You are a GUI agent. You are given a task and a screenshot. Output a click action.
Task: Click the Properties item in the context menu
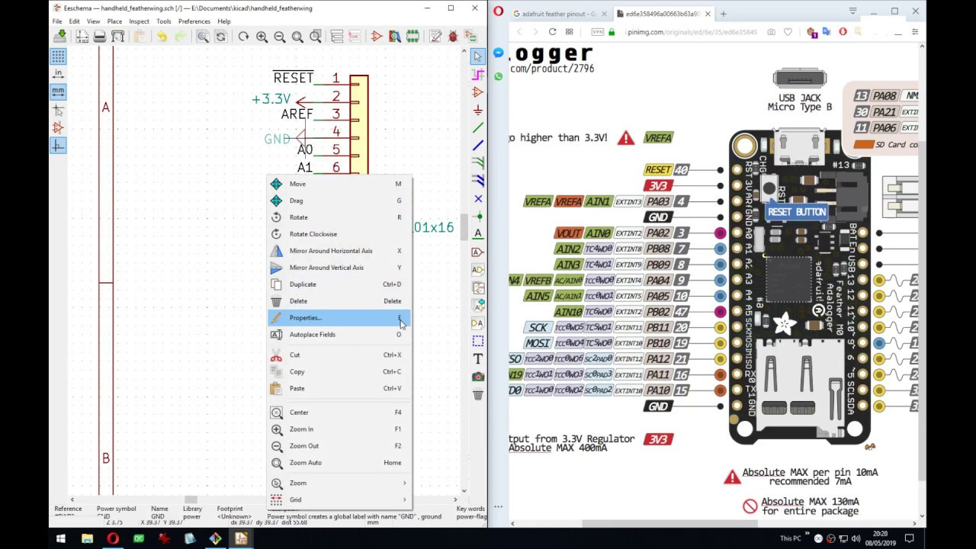tap(306, 318)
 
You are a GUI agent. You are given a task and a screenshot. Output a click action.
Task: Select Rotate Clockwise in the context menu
tap(313, 234)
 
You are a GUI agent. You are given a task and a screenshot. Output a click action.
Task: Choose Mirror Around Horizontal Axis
tap(330, 251)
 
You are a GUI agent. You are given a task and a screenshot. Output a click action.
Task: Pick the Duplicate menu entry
tap(303, 284)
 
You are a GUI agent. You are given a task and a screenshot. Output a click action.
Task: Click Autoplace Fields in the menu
tap(312, 335)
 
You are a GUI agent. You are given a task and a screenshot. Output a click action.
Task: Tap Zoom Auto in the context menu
tap(305, 463)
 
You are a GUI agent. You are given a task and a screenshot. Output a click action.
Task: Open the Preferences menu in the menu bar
tap(194, 21)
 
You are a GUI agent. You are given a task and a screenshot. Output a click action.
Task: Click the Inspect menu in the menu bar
tap(139, 21)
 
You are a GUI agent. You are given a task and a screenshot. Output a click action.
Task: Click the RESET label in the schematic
tap(294, 79)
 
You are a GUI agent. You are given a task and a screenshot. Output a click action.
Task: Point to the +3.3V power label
tap(271, 100)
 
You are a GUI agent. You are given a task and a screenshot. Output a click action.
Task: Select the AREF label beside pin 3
tap(297, 114)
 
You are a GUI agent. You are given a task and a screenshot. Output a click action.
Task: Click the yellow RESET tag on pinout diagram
tap(657, 170)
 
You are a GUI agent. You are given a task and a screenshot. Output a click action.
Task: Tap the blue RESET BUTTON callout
tap(796, 212)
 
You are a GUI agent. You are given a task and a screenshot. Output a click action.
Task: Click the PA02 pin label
tap(657, 233)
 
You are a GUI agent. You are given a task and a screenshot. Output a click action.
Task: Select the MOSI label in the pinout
tap(538, 343)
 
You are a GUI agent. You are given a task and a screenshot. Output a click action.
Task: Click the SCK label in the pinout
tap(538, 328)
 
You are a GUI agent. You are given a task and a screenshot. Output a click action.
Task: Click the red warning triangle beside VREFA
tap(626, 138)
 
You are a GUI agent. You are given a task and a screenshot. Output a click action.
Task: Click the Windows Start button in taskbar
tap(60, 539)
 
